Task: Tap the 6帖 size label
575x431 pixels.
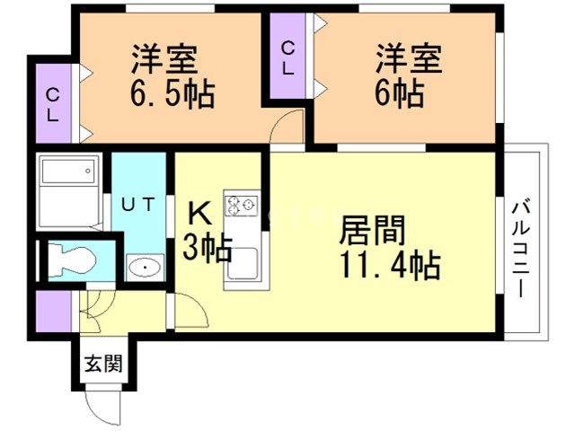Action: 394,92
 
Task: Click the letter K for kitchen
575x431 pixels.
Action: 200,215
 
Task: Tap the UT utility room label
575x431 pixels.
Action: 139,204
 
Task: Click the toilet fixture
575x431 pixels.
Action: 73,260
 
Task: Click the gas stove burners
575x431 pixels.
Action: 242,205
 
